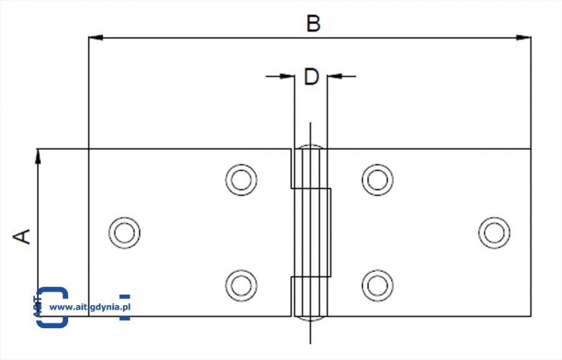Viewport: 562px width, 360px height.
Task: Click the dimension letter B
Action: [313, 24]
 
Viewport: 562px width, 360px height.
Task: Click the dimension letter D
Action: [311, 77]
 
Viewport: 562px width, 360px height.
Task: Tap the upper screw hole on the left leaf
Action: [241, 180]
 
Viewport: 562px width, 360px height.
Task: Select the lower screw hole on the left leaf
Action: [241, 285]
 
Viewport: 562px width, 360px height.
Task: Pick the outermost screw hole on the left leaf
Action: [124, 233]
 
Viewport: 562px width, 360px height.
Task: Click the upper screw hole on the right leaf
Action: [377, 180]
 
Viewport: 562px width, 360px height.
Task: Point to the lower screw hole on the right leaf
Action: [377, 285]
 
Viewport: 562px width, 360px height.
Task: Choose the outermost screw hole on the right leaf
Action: [495, 233]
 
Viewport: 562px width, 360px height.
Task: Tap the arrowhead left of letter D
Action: [288, 76]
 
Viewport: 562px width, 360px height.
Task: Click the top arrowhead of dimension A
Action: [39, 156]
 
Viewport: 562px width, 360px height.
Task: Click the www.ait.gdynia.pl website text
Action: [90, 306]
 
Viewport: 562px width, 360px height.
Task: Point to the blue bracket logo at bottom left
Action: [51, 306]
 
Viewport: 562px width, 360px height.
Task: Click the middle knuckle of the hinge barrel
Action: [312, 231]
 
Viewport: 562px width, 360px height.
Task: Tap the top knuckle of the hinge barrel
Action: [310, 167]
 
